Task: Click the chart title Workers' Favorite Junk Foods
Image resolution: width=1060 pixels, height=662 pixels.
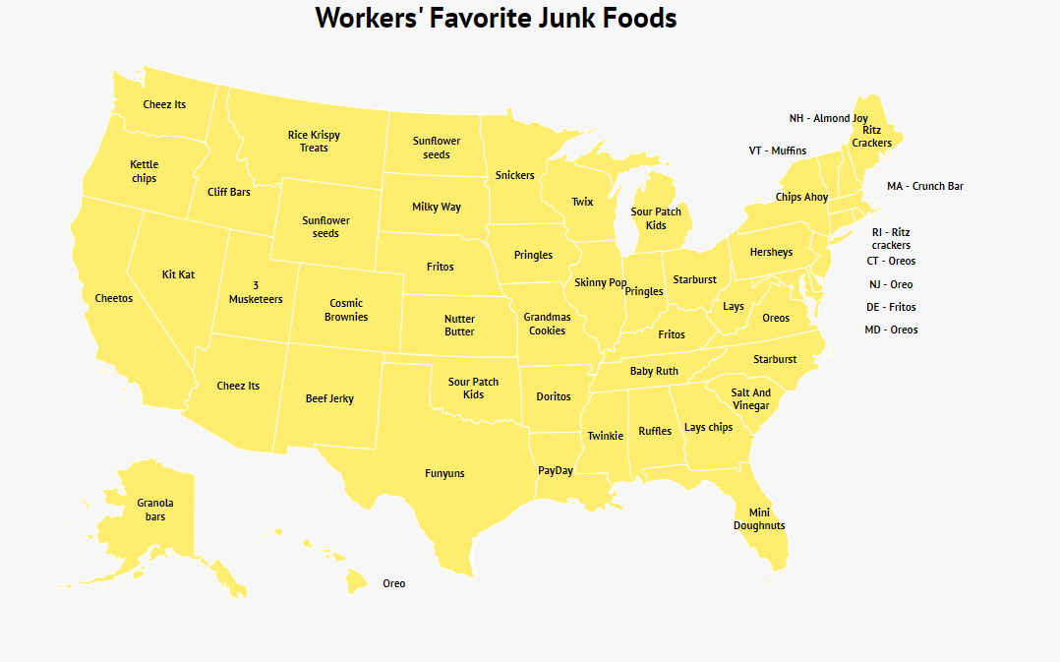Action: [496, 18]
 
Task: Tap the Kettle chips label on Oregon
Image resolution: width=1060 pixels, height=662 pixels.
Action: [144, 171]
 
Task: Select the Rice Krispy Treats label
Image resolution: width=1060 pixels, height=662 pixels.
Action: [314, 141]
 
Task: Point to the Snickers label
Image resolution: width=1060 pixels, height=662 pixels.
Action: [514, 175]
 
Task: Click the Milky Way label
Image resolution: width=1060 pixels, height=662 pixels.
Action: [437, 207]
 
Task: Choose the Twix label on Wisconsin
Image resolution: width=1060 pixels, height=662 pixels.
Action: [582, 202]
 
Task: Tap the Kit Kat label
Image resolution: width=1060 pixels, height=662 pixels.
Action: [178, 274]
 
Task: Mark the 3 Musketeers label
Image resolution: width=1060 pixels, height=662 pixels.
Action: [256, 292]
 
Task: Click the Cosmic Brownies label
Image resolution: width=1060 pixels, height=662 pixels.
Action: [346, 310]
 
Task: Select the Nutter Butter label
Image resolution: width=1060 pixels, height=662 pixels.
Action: [459, 325]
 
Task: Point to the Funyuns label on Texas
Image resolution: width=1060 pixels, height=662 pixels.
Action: [444, 473]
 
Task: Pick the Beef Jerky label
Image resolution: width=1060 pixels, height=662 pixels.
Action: [329, 398]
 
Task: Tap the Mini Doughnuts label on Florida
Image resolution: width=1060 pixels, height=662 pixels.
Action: [759, 518]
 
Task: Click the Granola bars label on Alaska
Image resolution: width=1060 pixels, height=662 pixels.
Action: [155, 510]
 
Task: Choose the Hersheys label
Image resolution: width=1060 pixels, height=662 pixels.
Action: [771, 252]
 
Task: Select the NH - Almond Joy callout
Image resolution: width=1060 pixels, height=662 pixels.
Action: [828, 118]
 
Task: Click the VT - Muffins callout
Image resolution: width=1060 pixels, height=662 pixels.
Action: [777, 150]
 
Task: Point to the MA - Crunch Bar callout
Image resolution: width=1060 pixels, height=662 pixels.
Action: [924, 186]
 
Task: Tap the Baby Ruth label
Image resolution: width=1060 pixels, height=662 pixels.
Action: [654, 371]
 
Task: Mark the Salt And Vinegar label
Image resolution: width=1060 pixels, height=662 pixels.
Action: [751, 398]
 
